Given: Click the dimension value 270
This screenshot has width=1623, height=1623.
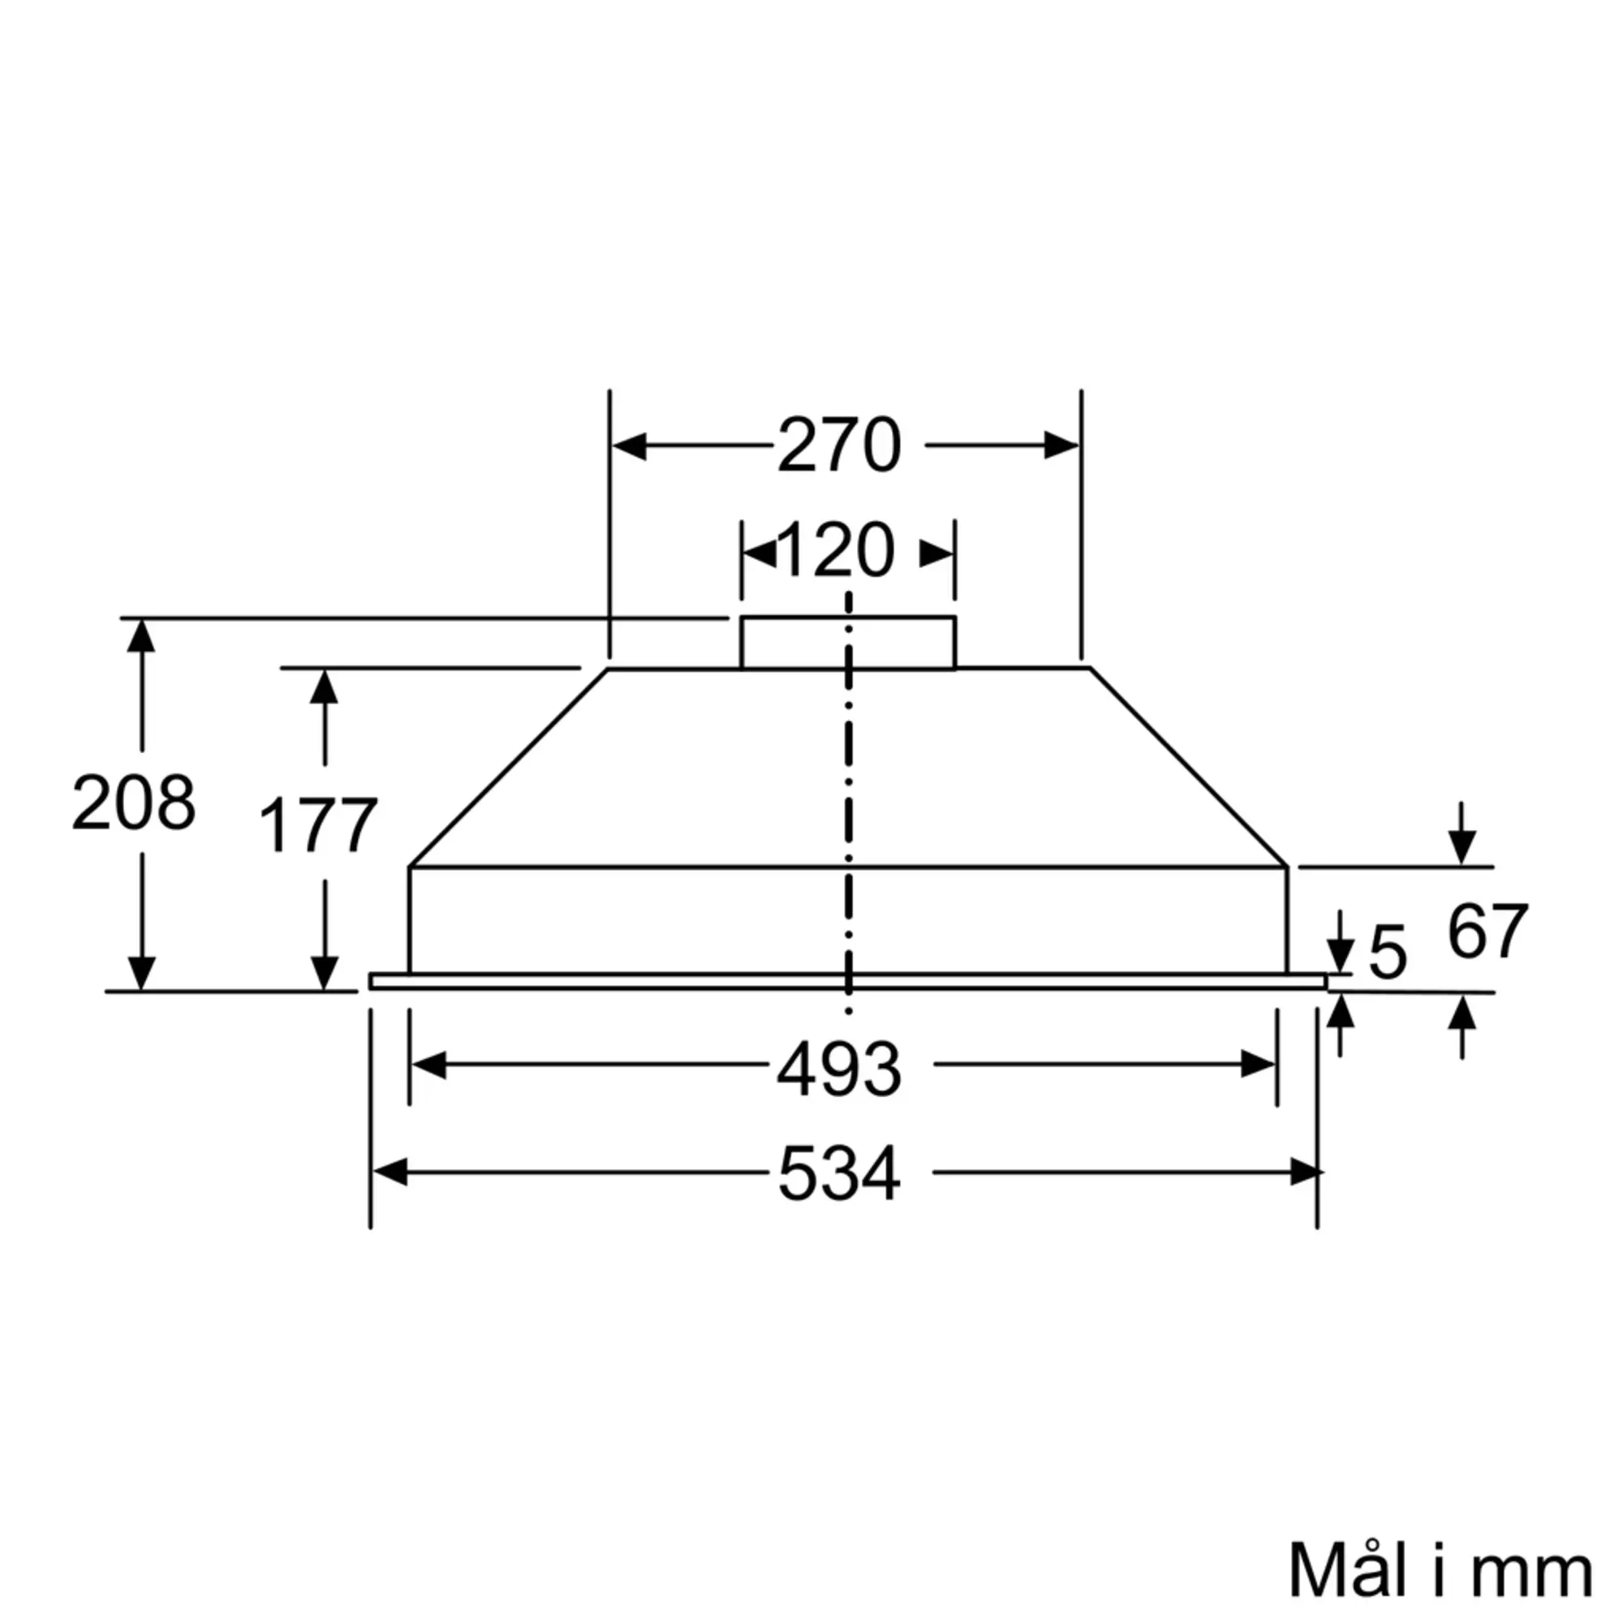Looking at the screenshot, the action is tap(839, 446).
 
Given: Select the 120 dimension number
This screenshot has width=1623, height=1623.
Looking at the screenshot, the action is tap(837, 550).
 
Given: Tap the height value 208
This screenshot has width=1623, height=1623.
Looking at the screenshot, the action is tap(134, 803).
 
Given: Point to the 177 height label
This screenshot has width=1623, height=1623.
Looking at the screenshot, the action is tap(317, 826).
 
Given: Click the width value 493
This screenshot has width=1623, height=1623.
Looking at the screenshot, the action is tap(839, 1070).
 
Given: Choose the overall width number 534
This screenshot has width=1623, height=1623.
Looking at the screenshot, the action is tap(839, 1174).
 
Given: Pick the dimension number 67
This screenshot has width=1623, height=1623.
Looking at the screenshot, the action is tap(1487, 931).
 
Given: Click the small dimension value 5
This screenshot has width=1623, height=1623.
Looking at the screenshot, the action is tap(1387, 952).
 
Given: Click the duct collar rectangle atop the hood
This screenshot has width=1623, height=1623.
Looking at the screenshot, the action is tap(848, 643).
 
